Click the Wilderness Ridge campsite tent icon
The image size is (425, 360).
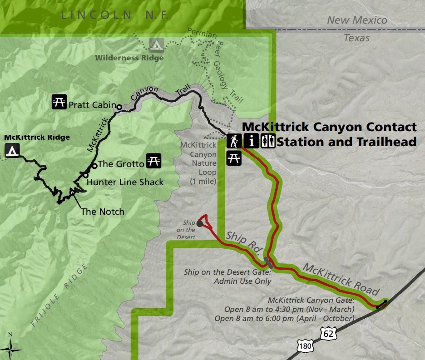(157, 45)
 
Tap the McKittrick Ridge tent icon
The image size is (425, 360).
(12, 150)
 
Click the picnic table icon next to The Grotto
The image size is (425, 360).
(154, 161)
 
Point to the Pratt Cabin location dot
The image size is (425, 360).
(119, 107)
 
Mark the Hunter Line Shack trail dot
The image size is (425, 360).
(85, 175)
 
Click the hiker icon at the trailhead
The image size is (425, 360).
(234, 141)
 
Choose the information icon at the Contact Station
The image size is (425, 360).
(251, 141)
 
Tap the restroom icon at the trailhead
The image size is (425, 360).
(268, 141)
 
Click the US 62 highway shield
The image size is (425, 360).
(328, 333)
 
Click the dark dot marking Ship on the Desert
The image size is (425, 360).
(200, 223)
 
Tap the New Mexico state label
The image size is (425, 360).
(357, 20)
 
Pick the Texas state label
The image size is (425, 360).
(356, 38)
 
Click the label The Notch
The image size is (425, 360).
(102, 211)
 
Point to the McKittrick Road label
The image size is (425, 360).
(341, 278)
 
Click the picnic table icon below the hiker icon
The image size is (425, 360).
(234, 158)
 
